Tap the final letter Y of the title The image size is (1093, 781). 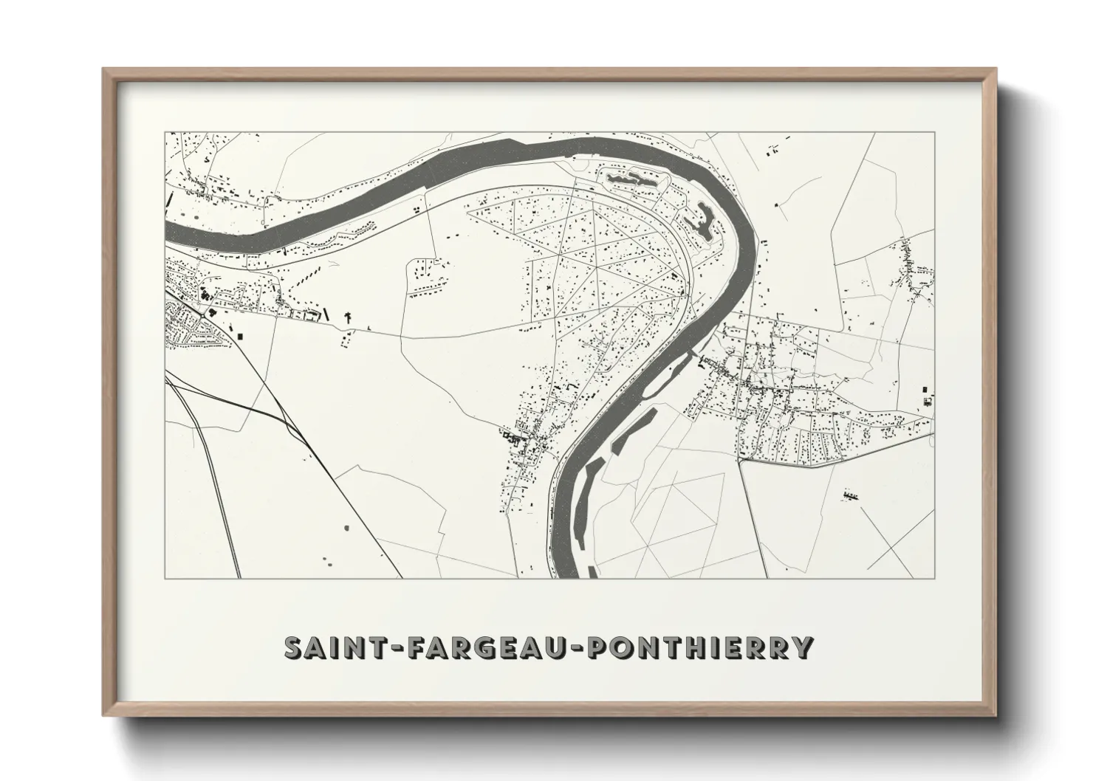(803, 647)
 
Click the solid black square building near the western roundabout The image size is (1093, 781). (240, 336)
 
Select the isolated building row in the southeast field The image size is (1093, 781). (852, 496)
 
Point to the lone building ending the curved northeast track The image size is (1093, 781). (776, 204)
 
